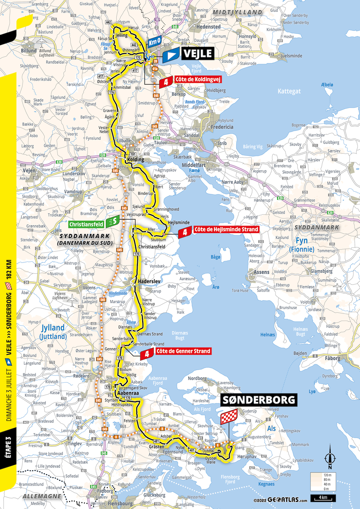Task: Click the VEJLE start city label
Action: (197, 54)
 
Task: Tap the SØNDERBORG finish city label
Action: (259, 400)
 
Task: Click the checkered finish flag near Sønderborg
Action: (229, 416)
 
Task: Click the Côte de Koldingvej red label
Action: (198, 79)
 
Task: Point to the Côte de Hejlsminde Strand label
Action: (226, 229)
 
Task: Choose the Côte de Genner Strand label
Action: (183, 351)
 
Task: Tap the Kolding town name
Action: (135, 160)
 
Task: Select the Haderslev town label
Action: (149, 281)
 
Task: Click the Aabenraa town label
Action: (128, 393)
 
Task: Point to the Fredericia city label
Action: (222, 127)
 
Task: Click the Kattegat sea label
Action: (289, 91)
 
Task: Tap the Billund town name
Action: (28, 51)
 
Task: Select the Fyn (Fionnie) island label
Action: (301, 245)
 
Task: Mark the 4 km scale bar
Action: (323, 498)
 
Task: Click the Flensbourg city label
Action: (120, 503)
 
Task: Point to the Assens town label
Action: (261, 272)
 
